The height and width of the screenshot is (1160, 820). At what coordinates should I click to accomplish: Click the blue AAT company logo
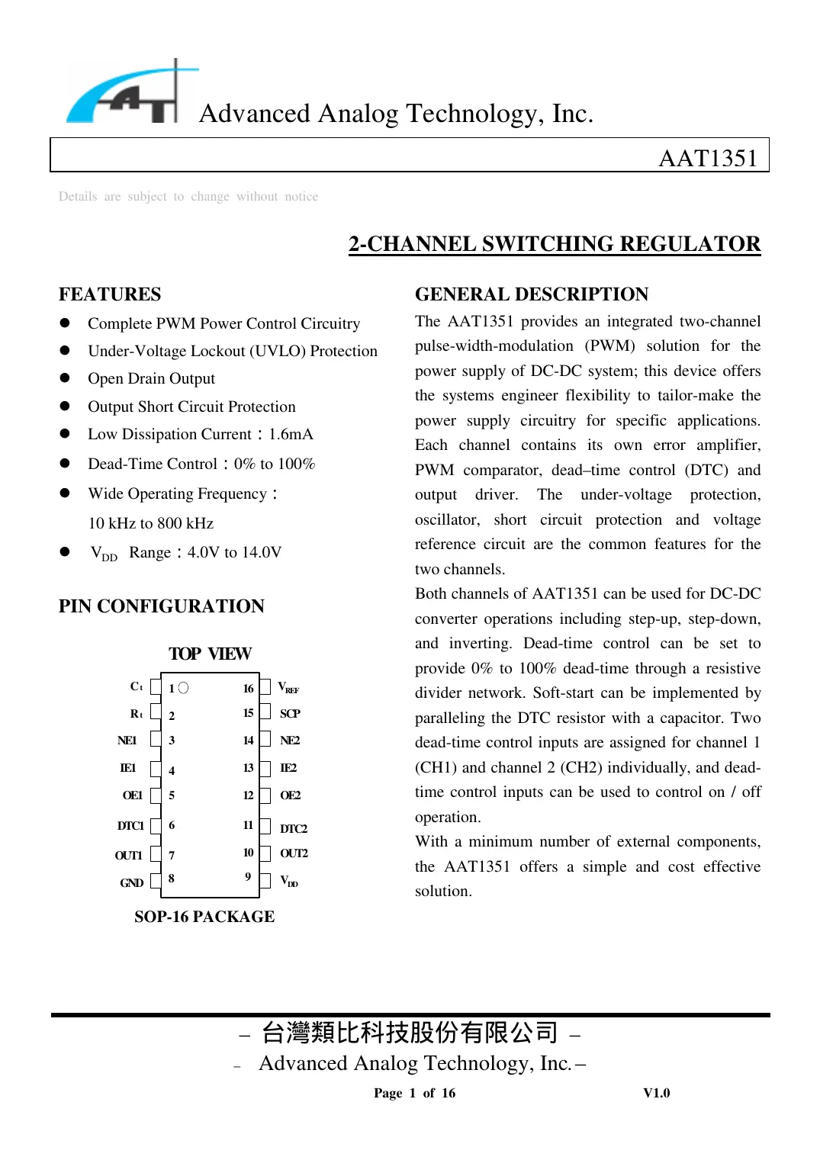tap(126, 95)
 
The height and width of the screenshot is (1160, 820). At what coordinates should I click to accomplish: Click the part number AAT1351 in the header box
tap(707, 158)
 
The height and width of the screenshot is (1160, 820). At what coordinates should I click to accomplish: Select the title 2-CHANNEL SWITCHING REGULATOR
tap(555, 244)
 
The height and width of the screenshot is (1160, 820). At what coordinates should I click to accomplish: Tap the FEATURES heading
tap(110, 294)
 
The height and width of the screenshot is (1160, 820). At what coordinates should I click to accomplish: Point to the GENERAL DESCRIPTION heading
tap(532, 294)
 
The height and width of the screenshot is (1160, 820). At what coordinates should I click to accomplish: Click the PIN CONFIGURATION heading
tap(162, 606)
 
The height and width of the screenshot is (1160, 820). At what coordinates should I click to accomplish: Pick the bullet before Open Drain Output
tap(65, 378)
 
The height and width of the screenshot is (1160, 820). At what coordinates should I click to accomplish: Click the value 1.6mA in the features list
tap(291, 435)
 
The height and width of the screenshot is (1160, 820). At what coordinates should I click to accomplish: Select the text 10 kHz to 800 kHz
tap(151, 523)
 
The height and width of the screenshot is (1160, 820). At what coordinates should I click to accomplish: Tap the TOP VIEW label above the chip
tap(210, 654)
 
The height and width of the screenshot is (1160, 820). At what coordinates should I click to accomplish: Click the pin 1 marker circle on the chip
tap(183, 688)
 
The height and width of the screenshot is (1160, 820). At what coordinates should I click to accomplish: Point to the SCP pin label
tap(290, 714)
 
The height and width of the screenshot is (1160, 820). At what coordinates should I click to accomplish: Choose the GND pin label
tap(131, 882)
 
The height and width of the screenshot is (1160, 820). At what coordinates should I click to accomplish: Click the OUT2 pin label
tap(294, 853)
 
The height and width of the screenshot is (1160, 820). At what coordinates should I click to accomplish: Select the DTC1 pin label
tap(130, 826)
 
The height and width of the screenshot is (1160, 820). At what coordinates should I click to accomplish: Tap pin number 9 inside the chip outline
tap(248, 877)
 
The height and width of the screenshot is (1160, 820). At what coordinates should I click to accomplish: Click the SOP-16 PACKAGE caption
tap(204, 917)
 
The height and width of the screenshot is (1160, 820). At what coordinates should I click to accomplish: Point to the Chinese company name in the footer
tap(410, 1033)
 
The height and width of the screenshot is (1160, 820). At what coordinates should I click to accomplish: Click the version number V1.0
tap(656, 1093)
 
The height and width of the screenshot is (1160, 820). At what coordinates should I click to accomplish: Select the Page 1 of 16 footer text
tap(414, 1093)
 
